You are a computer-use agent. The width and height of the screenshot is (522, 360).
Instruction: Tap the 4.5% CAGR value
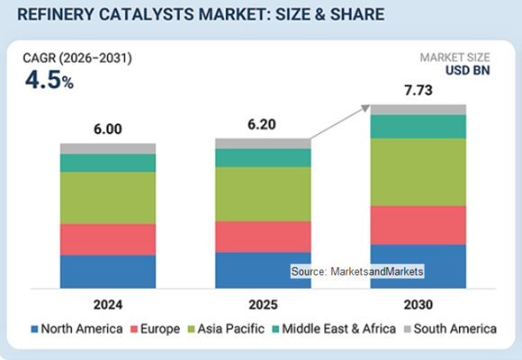coord(49,80)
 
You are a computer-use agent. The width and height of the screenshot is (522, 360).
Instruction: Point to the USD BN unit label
coord(468,70)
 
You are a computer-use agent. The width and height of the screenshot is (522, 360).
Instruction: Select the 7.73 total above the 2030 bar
coord(418,90)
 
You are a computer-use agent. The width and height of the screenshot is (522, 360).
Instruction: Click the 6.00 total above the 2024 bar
coord(108,130)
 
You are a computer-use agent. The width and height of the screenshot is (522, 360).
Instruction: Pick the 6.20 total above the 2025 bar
coord(262,124)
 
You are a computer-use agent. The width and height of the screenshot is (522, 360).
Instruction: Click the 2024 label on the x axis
coord(108,305)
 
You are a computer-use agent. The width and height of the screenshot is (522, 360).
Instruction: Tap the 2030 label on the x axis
coord(418,305)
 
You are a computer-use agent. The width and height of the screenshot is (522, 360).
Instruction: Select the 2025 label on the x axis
coord(263,305)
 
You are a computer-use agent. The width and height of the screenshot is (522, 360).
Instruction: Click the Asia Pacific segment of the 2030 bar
coord(418,172)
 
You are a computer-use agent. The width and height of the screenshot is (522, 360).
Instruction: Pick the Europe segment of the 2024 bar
coord(108,239)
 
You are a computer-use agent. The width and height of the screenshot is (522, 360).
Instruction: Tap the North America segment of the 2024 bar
coord(108,272)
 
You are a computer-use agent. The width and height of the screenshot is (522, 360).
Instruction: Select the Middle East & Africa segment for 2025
coord(263,157)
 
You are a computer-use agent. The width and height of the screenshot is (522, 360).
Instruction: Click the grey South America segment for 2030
coord(418,110)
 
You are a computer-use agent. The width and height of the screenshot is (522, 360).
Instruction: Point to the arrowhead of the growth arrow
coord(366,108)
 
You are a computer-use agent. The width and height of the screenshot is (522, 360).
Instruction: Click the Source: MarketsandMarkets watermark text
coord(357,272)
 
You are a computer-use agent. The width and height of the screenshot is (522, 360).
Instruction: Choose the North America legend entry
coord(76,329)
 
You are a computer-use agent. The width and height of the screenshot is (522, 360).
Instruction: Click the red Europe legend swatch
coord(134,329)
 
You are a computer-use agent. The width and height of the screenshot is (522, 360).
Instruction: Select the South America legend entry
coord(450,329)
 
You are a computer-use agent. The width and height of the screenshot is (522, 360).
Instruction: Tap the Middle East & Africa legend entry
coord(334,329)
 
